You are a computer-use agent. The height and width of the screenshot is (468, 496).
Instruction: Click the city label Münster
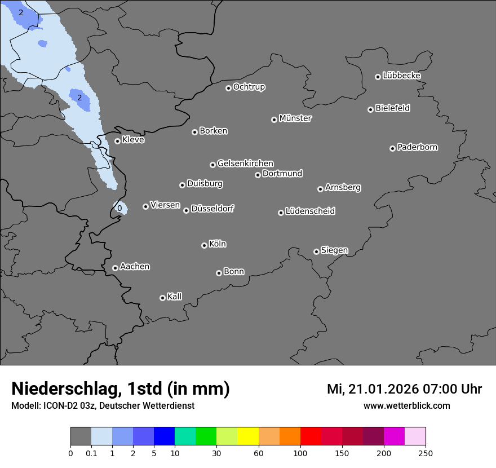295,118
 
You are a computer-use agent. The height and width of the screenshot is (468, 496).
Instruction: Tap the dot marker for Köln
204,245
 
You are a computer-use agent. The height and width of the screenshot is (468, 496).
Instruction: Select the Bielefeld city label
392,108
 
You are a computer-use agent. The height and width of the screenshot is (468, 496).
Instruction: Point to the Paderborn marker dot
392,148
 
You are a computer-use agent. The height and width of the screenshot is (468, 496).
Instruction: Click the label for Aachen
135,267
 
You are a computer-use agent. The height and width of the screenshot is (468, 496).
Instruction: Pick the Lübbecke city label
401,76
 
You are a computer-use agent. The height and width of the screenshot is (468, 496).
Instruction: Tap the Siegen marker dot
316,251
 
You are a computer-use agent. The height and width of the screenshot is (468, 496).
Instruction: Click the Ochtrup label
249,87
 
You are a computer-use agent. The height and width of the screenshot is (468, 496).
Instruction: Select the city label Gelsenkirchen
245,164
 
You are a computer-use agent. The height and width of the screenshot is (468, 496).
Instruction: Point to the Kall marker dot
162,298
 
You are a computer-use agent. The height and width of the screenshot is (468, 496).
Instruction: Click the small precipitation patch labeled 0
119,208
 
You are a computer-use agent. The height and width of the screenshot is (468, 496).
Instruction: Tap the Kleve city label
133,140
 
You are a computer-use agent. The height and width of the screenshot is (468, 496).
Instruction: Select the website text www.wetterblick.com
406,405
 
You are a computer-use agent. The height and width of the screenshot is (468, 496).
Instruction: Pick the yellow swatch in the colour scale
248,436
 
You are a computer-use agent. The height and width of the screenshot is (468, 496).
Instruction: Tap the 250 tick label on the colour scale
426,453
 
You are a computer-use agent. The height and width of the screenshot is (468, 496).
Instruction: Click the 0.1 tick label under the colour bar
91,453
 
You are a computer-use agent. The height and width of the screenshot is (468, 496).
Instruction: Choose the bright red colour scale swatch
311,436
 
